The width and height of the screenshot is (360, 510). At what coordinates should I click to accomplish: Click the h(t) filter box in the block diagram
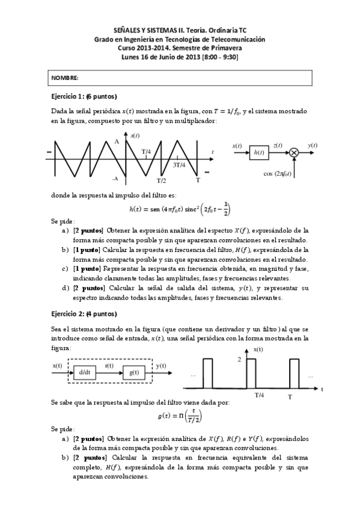259,153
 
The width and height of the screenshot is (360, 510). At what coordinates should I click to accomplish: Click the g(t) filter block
133,372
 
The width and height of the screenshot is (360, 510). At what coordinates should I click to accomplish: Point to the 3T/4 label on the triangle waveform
179,164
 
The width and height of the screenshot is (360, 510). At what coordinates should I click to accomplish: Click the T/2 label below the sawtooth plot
161,180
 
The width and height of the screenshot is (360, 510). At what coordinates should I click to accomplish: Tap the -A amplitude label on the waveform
114,179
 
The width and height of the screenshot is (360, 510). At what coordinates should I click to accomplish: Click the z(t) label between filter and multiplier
278,146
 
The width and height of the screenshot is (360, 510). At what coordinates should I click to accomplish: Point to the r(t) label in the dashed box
109,366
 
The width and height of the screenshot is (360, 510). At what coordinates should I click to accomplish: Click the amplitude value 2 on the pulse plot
239,359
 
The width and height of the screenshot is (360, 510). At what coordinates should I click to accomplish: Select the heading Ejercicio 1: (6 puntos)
84,97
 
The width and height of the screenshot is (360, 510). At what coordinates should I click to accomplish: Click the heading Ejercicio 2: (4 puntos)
84,313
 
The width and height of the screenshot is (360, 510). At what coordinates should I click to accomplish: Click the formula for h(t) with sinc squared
180,209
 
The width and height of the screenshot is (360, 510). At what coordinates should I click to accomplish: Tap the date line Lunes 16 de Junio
180,57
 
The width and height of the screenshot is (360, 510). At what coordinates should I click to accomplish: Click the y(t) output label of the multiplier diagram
313,146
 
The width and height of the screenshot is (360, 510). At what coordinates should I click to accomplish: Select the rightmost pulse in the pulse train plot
294,374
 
